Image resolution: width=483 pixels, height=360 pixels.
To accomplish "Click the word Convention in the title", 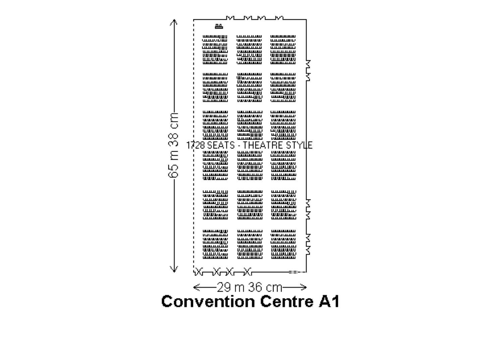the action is click(208, 301).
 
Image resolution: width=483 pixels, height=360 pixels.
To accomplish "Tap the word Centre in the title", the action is click(287, 301).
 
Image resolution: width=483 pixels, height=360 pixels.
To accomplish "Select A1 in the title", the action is click(329, 301).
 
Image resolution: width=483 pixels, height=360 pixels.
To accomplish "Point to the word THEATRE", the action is click(263, 145).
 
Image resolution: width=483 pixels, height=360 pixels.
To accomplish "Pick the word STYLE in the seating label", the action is click(299, 145).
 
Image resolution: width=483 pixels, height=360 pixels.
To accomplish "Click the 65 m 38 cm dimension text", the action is click(173, 145).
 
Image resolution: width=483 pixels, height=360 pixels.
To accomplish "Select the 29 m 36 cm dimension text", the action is click(250, 287).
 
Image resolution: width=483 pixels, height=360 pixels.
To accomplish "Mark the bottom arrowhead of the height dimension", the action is click(174, 269).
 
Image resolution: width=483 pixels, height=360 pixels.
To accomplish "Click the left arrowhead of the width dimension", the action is click(197, 287).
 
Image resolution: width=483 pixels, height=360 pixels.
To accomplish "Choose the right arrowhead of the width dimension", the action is click(303, 287).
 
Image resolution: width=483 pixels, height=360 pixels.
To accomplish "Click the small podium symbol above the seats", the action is click(219, 26).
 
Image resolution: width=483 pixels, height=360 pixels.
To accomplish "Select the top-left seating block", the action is click(215, 50).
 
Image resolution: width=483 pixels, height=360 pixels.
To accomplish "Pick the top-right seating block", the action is click(283, 50).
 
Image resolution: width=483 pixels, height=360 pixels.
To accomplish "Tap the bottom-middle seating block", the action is click(250, 244).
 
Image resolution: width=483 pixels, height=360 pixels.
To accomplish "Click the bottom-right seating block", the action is click(283, 244).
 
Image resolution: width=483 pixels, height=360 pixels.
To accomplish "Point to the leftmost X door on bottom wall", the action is click(199, 272).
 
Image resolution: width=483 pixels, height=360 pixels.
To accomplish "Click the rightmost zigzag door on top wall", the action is click(279, 18).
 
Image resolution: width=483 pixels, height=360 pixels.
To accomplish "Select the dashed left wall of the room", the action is click(194, 146).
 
